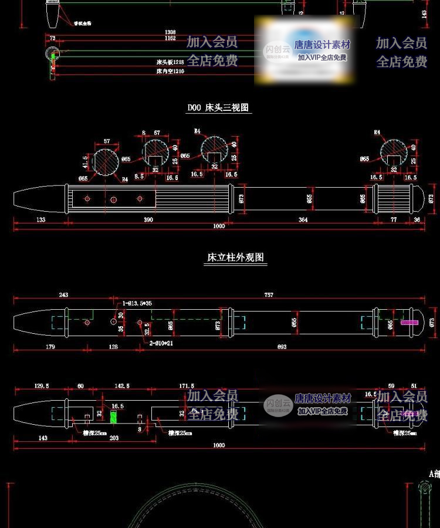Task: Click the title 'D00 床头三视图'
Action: pos(218,108)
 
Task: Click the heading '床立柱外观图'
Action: pos(235,258)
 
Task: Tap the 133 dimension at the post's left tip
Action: pos(40,219)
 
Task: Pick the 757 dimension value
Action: pos(269,295)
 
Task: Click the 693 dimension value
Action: pos(282,347)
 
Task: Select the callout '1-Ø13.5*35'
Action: pos(137,304)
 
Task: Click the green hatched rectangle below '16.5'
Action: pos(114,415)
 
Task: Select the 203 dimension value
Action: pos(114,438)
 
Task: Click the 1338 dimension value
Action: pos(170,32)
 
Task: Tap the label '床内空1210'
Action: pos(170,72)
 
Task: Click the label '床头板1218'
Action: pos(170,62)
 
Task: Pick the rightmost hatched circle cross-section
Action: pos(394,152)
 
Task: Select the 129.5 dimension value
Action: pos(42,385)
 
